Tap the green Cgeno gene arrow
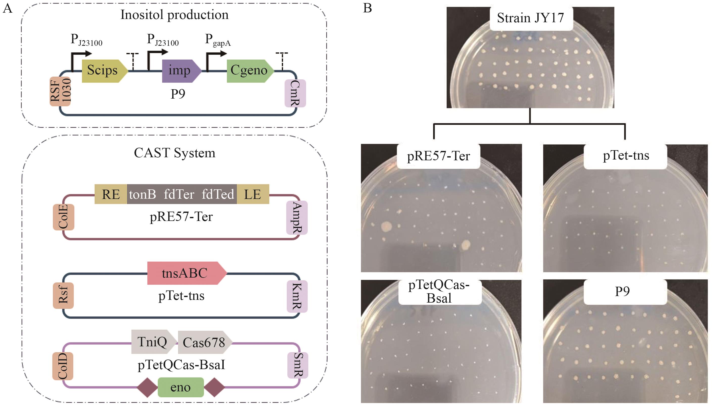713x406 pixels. click(249, 71)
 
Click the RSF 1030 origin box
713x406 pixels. click(60, 92)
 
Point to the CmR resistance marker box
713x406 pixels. click(295, 94)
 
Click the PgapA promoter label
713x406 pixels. click(218, 40)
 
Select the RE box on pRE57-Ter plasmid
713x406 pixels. click(111, 194)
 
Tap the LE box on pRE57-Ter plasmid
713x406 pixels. click(252, 194)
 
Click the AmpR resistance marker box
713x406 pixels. click(296, 217)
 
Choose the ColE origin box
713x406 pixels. click(63, 217)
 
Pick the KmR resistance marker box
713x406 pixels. click(297, 296)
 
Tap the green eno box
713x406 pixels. click(181, 387)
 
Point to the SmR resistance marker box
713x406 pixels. click(297, 365)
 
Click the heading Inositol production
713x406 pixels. click(174, 15)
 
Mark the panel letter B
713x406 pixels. click(367, 8)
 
